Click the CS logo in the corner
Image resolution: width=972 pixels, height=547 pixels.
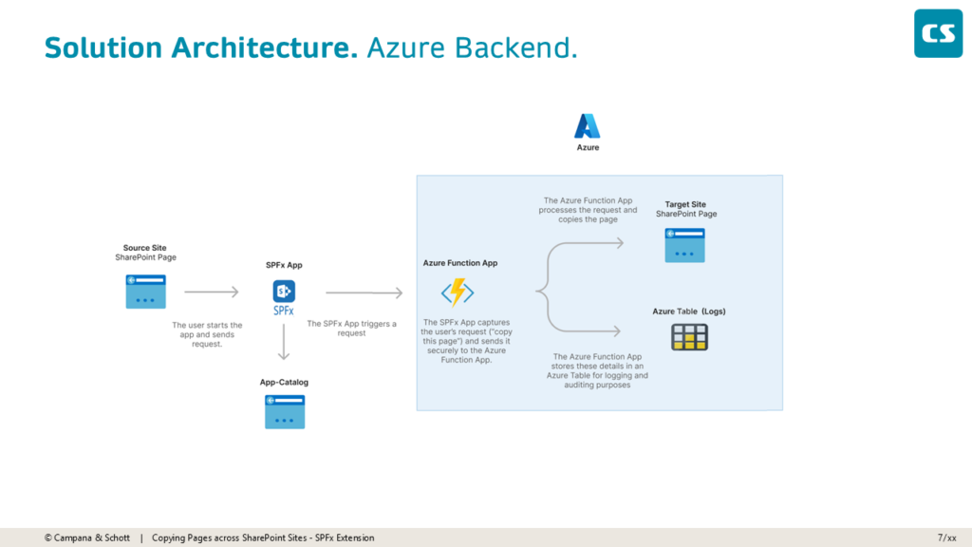coord(938,33)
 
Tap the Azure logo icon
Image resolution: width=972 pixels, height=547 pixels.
coord(588,126)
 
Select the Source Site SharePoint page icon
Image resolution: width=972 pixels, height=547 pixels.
coord(145,292)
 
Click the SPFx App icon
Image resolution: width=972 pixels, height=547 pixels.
coord(284,292)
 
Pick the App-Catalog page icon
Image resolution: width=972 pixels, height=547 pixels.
coord(284,412)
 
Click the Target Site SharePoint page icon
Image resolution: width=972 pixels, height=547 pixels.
coord(685,245)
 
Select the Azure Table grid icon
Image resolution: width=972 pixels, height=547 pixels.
coord(690,337)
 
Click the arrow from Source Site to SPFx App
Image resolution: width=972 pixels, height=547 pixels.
coord(212,292)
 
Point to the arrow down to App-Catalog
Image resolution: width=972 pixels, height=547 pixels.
coord(283,343)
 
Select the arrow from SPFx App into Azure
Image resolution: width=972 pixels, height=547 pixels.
coord(364,293)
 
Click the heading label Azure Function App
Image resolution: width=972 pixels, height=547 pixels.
coord(460,263)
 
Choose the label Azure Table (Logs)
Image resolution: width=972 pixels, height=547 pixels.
coord(689,311)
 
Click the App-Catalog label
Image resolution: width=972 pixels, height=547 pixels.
coord(284,383)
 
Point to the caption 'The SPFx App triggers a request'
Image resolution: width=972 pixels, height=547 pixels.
coord(351,329)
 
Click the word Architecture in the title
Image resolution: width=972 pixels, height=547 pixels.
coord(265,47)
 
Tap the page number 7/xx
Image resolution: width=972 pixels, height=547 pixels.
coord(946,538)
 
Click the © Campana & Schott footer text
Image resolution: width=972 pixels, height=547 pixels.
coord(87,538)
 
